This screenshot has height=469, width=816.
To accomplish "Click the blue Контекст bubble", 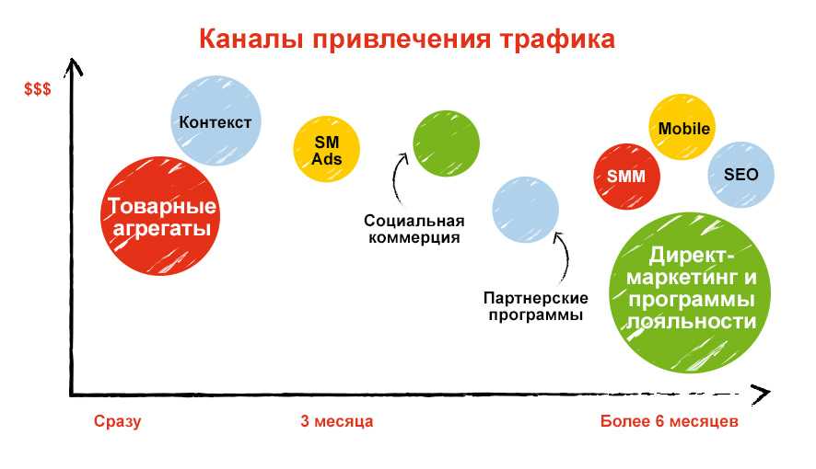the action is (x=216, y=120).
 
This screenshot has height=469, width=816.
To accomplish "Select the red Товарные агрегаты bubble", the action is (x=160, y=215).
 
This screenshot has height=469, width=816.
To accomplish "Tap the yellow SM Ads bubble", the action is (x=326, y=149).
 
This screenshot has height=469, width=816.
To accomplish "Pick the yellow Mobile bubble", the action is (x=682, y=127).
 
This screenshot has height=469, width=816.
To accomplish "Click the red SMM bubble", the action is (x=626, y=177).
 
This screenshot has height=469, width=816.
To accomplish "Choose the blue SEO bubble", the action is (x=740, y=175).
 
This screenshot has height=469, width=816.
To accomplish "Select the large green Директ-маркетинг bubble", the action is (x=690, y=292).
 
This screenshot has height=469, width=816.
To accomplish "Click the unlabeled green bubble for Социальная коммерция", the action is (x=446, y=143).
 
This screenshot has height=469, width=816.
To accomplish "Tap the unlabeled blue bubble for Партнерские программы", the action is (x=525, y=210).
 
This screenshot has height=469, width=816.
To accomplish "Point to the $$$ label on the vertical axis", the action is (x=38, y=89).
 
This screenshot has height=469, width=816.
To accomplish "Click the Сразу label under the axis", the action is (x=117, y=421).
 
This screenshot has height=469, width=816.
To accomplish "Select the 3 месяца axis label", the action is (x=337, y=420).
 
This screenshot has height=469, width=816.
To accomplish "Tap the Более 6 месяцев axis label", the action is (x=670, y=420).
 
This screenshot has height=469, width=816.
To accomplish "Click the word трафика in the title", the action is (x=557, y=39).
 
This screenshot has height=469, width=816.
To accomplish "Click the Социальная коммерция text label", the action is (x=414, y=229).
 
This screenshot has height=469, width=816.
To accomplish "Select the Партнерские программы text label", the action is (x=535, y=306).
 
